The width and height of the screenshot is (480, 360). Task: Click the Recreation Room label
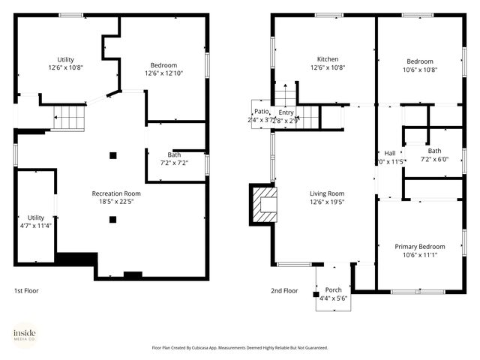[x=116, y=193]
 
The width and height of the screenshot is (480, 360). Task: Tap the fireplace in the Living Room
[x=265, y=204]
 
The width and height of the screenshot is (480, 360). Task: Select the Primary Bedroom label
[x=420, y=247]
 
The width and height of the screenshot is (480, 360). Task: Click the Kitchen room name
[x=328, y=59]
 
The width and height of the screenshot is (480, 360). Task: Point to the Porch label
[x=333, y=290]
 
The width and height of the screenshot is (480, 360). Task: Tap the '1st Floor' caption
[x=26, y=291]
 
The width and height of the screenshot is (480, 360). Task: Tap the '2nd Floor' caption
[x=284, y=291]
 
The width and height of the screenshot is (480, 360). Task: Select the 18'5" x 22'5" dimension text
[x=116, y=202]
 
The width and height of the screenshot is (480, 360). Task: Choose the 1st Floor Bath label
[x=174, y=155]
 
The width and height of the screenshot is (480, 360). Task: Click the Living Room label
[x=327, y=193]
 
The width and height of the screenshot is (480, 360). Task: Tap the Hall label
[x=390, y=153]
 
